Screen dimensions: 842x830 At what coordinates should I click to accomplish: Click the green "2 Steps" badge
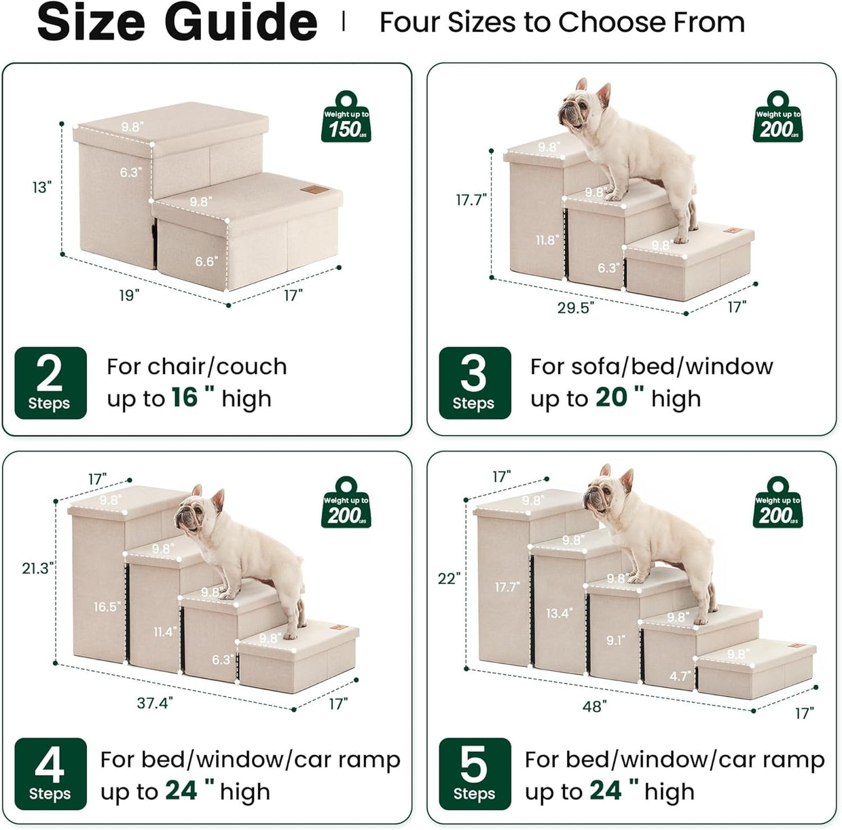[x=51, y=383]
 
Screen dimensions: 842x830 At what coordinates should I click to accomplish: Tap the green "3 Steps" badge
[x=475, y=383]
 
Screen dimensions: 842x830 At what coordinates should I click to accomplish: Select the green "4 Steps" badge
[x=51, y=774]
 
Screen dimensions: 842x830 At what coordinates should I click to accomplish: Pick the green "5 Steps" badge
[x=475, y=774]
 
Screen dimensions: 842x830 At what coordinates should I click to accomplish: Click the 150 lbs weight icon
[x=346, y=117]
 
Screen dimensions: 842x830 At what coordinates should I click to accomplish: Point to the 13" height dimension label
[x=42, y=187]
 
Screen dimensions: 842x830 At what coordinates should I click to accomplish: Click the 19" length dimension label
[x=129, y=295]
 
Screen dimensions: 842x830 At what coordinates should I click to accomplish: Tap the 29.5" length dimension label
[x=575, y=307]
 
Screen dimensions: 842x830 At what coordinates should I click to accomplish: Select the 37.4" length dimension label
[x=155, y=703]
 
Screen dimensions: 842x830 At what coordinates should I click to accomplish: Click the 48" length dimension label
[x=595, y=706]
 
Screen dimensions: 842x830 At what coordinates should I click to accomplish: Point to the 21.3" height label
[x=38, y=568]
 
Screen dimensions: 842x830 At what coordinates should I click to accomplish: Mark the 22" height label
[x=450, y=579]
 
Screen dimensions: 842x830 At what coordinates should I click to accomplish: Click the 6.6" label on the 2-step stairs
[x=206, y=261]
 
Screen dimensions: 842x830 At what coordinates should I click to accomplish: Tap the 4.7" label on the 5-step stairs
[x=680, y=676]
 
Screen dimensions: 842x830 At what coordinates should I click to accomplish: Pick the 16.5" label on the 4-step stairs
[x=107, y=607]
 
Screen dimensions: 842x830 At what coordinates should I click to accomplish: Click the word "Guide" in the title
[x=241, y=22]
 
